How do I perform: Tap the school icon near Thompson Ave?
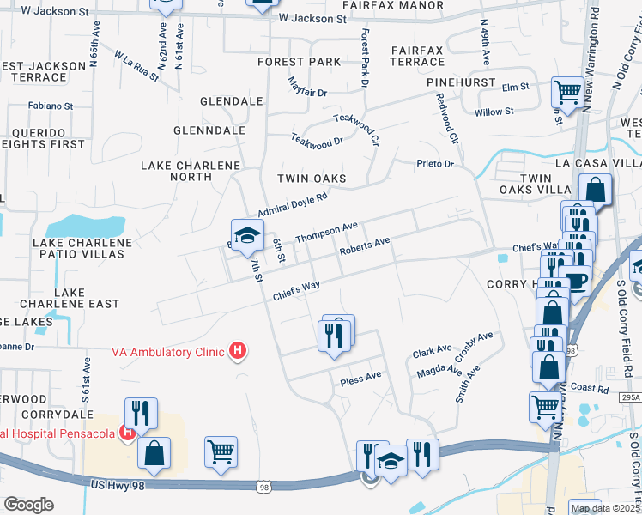tap(246, 234)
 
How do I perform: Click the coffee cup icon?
tap(576, 281)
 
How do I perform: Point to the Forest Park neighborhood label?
tap(299, 62)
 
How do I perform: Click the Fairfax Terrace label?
tap(417, 57)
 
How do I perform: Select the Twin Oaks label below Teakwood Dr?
tap(311, 179)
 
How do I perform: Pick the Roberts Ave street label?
tap(365, 247)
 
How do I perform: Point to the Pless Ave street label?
tap(360, 378)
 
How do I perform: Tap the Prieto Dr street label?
tap(433, 163)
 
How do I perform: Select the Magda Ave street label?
tap(439, 370)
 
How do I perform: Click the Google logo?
tap(28, 504)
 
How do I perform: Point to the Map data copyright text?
tap(598, 508)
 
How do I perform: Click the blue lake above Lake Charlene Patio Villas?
tap(83, 226)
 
